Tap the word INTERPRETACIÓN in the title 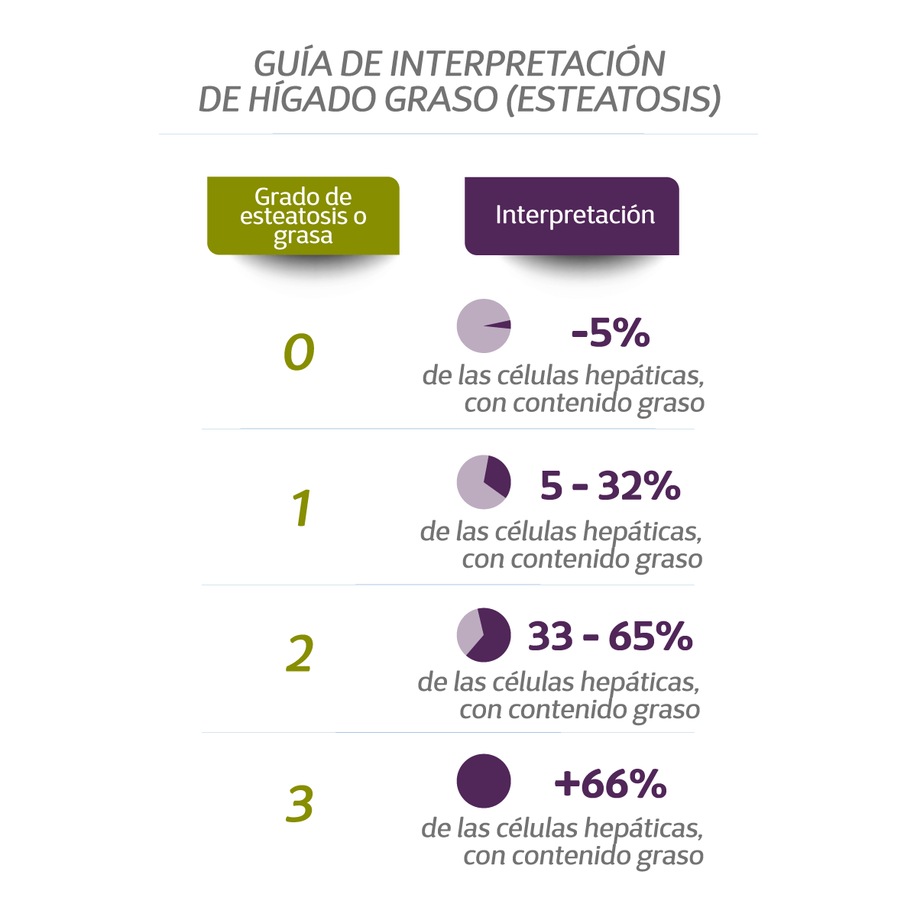coord(527,64)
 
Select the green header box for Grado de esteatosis coord(303,215)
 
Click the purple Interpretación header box coord(572,215)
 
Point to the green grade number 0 coord(299,352)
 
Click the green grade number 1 coord(303,508)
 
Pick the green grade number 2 coord(300,654)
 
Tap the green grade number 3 coord(300,803)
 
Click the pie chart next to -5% coord(484,326)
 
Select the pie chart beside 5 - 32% coord(484,481)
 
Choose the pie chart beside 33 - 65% coord(484,635)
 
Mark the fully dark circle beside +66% coord(484,781)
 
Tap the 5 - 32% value coord(610,485)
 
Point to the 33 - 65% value coord(610,636)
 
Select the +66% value coord(610,783)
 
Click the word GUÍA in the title coord(293,64)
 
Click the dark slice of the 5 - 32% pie coord(497,475)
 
